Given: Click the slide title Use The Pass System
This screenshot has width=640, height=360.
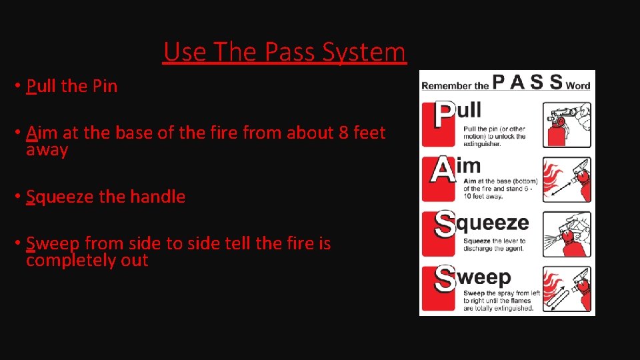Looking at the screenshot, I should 284,52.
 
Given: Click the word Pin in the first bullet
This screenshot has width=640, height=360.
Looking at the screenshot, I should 105,87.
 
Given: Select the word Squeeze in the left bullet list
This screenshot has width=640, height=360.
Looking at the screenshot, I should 59,197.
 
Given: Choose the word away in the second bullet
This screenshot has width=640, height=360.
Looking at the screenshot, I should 47,150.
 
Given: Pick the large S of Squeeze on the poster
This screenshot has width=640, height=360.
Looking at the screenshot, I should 445,225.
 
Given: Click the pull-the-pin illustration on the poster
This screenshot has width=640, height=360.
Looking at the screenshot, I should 566,125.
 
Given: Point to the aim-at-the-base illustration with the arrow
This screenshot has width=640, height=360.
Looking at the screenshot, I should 566,179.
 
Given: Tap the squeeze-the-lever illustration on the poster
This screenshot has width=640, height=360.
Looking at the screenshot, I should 566,233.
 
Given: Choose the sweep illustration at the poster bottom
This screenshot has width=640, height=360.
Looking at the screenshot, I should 566,289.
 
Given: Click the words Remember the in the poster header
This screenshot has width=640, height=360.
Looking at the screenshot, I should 455,85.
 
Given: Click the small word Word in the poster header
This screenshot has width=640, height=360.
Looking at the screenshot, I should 578,85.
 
